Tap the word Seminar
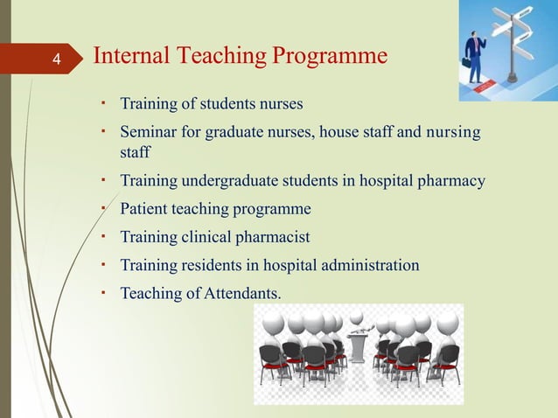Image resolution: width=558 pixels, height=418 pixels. [149, 133]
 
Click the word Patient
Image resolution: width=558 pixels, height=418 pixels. [143, 209]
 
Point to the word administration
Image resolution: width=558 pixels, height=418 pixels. [368, 264]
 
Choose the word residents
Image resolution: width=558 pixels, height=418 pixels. [213, 264]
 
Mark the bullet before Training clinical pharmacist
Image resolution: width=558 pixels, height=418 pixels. [104, 236]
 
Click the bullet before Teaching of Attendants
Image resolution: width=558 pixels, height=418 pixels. [104, 290]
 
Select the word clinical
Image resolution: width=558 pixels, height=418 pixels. [209, 237]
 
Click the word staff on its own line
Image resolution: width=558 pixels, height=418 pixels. [135, 153]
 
